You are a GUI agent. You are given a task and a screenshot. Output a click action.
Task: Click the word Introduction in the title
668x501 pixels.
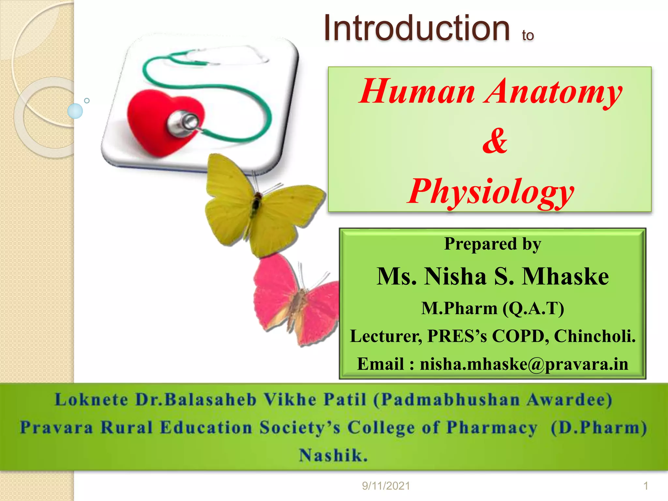pos(417,29)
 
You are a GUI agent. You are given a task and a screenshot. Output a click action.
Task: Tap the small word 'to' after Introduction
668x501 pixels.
pos(528,35)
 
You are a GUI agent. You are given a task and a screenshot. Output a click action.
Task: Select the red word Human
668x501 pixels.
pos(417,92)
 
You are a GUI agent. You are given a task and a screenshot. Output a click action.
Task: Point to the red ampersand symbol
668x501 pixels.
pos(495,141)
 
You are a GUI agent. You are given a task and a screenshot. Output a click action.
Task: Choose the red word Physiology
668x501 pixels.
pos(491,192)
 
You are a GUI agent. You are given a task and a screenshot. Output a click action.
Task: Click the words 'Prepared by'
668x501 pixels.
pos(493,244)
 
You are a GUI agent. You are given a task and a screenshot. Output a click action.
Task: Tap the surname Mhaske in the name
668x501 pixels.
pos(566,277)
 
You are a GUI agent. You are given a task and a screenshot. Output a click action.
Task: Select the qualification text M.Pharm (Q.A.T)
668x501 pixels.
pos(493,308)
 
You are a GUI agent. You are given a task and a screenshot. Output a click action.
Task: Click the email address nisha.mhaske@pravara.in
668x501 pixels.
pos(524,364)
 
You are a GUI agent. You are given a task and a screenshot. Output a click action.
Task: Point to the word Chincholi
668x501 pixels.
pos(595,336)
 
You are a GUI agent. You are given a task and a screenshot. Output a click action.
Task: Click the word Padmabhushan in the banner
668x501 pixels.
pos(450,400)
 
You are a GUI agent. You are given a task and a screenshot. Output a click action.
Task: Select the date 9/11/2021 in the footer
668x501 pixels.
pos(386,486)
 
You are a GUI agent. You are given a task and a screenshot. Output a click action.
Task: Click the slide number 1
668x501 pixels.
pos(645,486)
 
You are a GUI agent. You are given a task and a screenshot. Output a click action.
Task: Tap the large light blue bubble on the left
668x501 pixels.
pos(75,111)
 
